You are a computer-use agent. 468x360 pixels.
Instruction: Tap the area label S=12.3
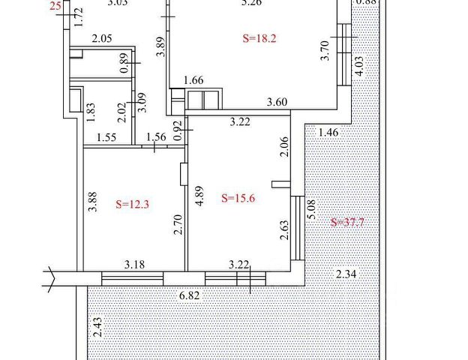click(132, 203)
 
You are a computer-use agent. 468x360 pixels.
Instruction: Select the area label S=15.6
click(238, 198)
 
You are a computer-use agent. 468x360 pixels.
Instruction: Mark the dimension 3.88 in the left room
click(92, 202)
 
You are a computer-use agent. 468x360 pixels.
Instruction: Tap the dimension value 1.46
click(329, 133)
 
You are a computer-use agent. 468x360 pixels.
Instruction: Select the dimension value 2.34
click(346, 274)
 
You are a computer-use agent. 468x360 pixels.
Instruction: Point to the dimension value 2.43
click(98, 327)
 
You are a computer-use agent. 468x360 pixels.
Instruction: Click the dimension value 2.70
click(178, 225)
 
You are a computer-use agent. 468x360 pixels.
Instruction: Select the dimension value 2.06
click(283, 146)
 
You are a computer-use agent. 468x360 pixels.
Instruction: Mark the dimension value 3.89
click(159, 46)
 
